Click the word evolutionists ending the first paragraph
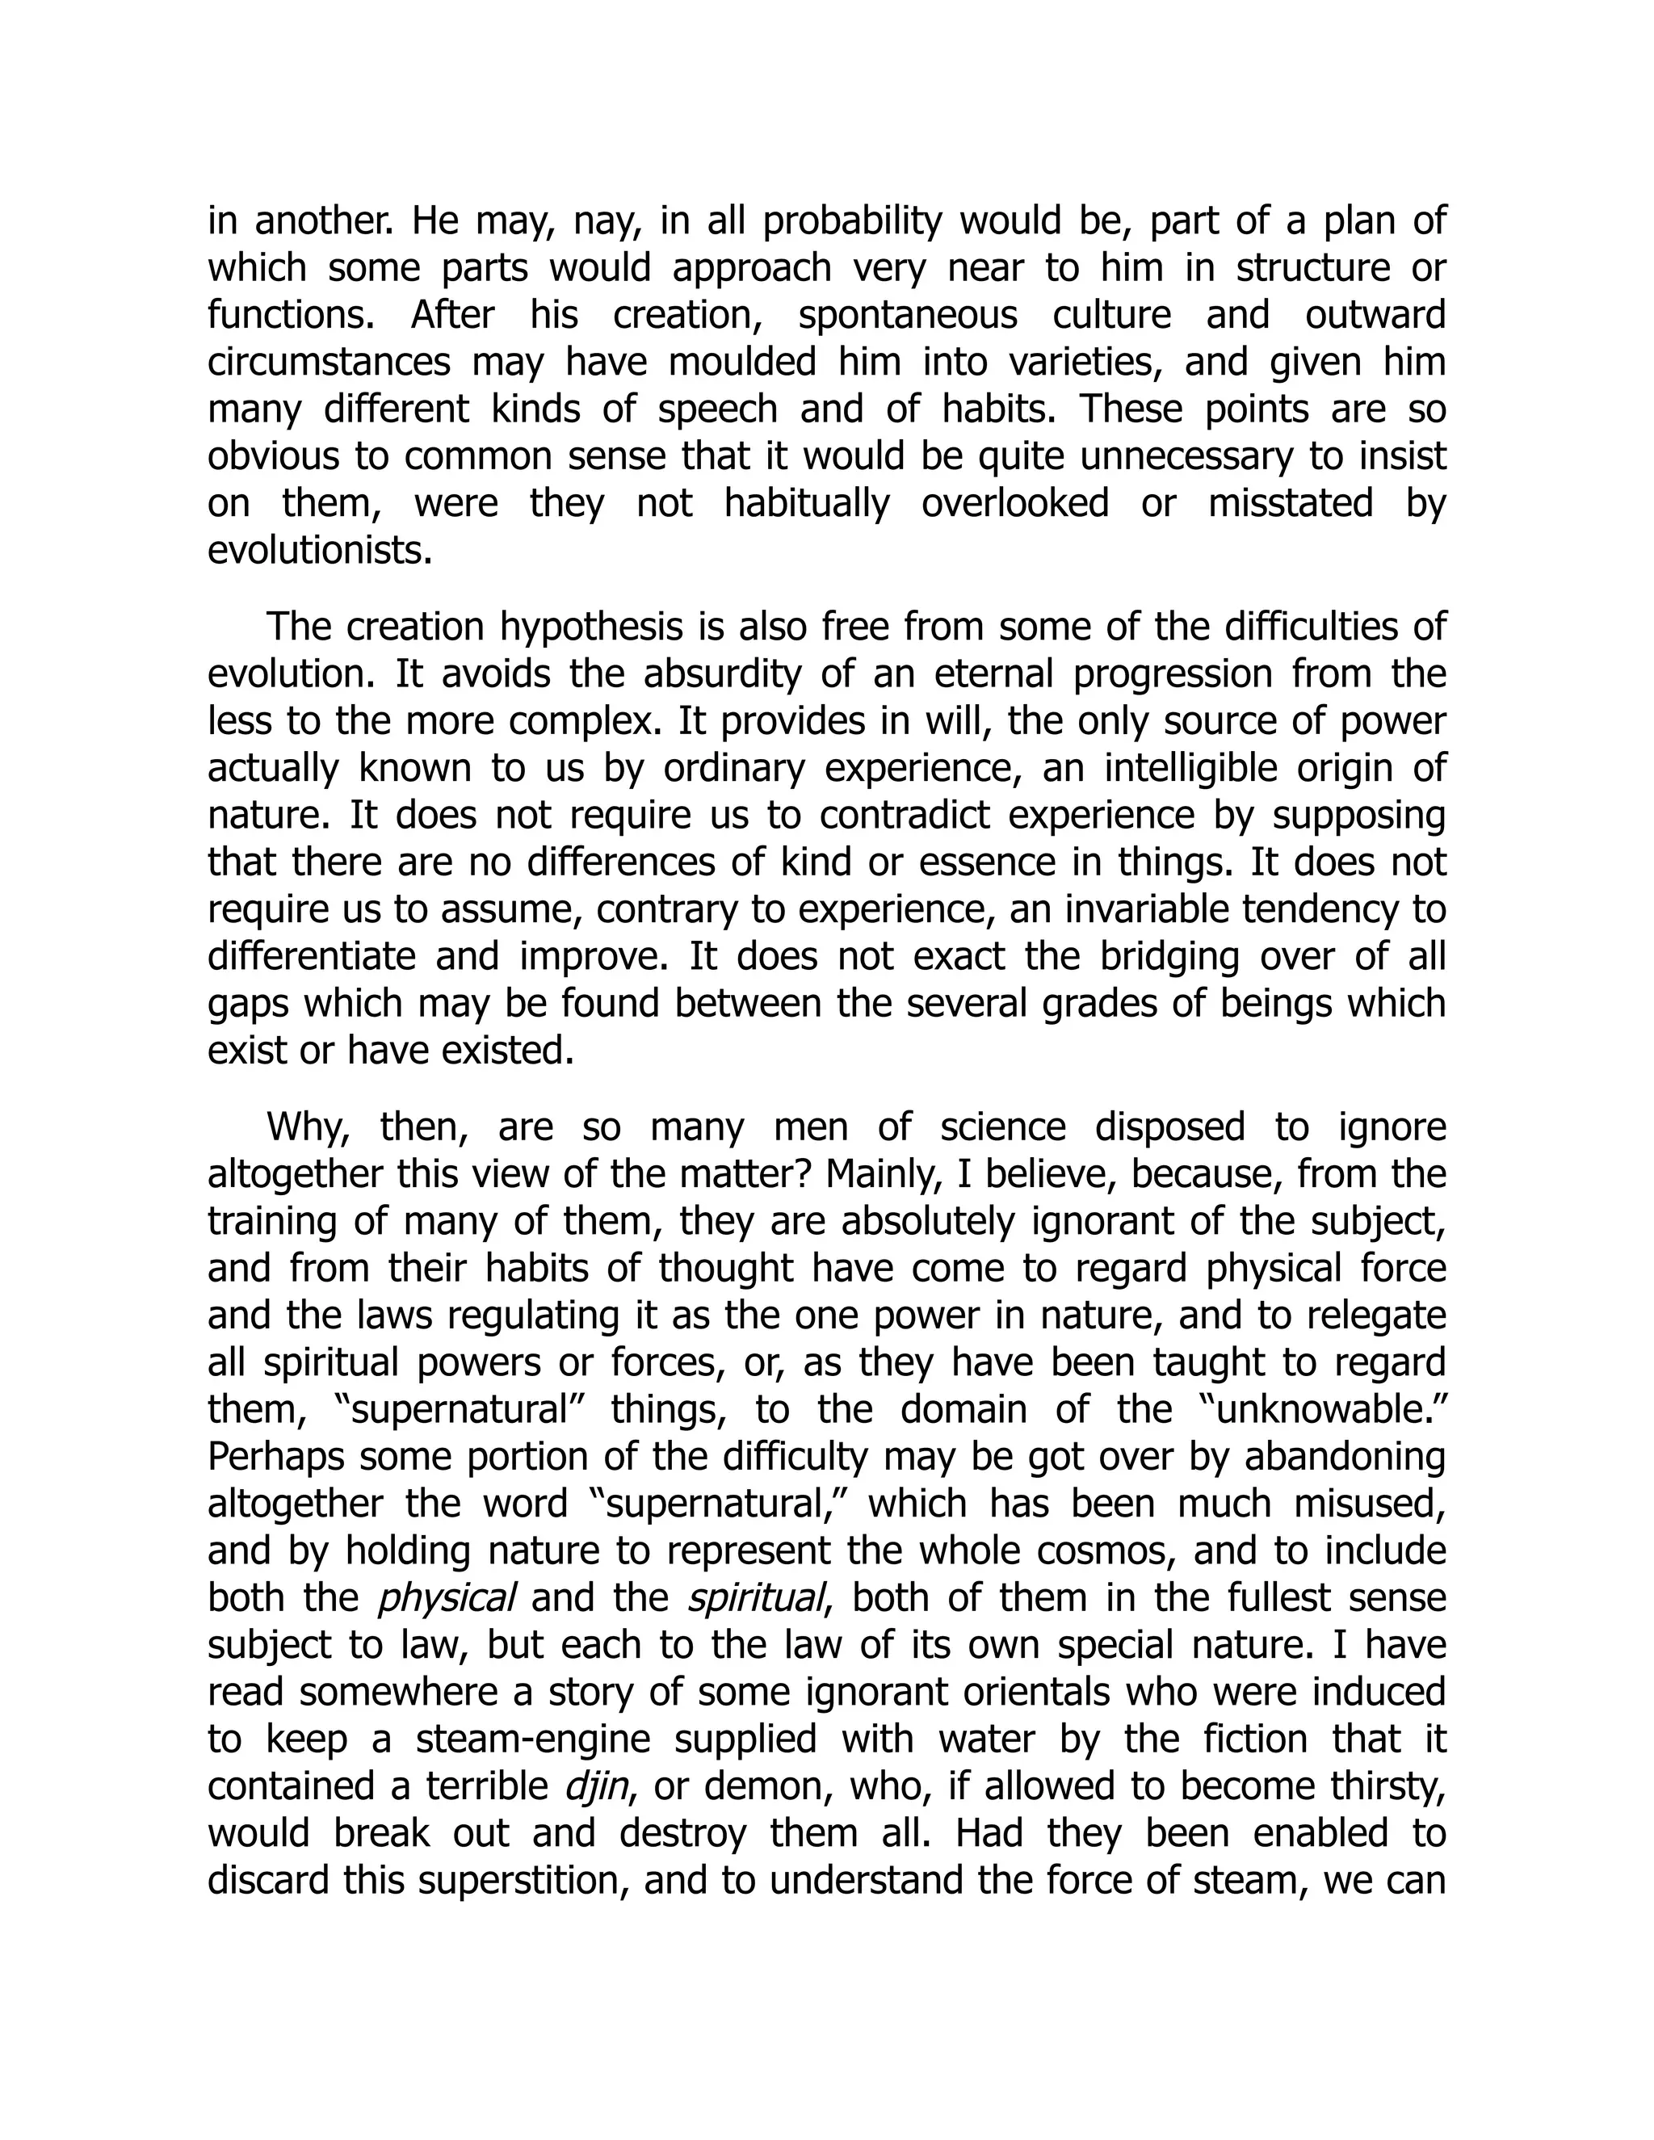320,551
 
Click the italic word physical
446,1598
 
